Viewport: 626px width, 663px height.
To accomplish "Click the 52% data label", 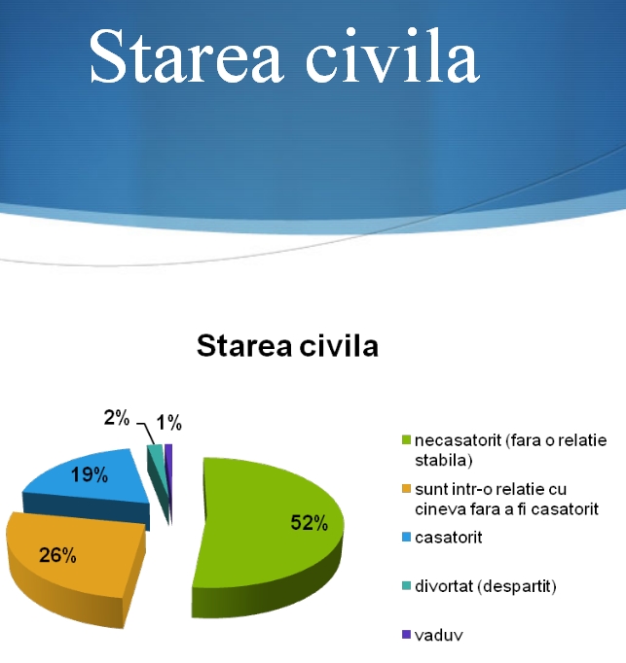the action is [x=310, y=523].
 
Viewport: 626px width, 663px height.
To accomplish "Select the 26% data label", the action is [x=57, y=555].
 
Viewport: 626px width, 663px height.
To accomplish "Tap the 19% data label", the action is [x=90, y=474].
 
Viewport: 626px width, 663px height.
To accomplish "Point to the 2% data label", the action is [x=117, y=418].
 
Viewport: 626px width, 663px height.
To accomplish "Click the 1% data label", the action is [x=169, y=423].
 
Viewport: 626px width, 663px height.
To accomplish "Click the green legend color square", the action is [x=406, y=440].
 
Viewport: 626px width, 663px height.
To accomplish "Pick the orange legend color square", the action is [x=406, y=489].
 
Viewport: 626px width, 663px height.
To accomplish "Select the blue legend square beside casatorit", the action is [x=406, y=538].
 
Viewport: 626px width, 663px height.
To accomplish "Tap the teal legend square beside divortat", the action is [x=406, y=586].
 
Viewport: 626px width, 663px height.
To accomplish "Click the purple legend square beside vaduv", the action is [x=406, y=635].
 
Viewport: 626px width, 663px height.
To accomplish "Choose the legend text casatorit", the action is [x=449, y=538].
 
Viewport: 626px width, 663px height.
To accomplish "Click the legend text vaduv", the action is [x=439, y=635].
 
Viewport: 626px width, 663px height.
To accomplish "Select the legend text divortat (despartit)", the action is [x=486, y=586].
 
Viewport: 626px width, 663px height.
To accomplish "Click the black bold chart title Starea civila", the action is [x=287, y=345].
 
